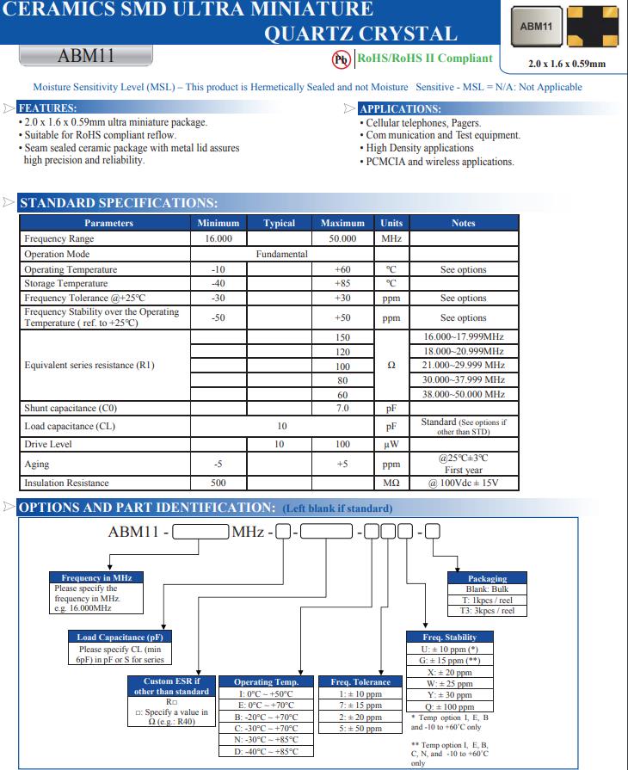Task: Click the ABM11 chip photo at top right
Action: tap(537, 27)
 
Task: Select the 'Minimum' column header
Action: tap(218, 223)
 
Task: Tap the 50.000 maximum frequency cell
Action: tap(342, 238)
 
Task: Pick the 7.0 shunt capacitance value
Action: tap(342, 409)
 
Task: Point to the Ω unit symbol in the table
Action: tap(391, 365)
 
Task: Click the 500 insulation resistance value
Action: tap(218, 483)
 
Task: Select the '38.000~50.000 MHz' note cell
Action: tap(464, 394)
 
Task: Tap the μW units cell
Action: tap(391, 445)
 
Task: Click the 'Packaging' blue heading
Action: tap(487, 578)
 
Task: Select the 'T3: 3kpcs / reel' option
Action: tap(487, 611)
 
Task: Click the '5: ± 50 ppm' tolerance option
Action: tap(360, 728)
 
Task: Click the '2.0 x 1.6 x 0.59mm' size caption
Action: tap(567, 64)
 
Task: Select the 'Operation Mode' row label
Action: tap(57, 254)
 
